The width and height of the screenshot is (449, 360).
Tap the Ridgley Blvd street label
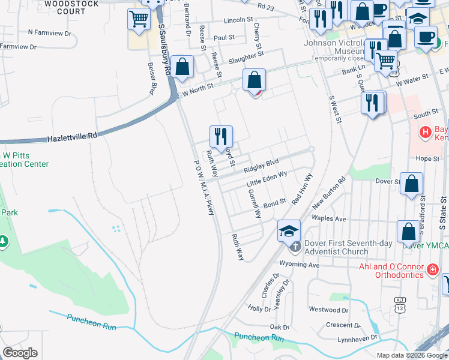click(262, 162)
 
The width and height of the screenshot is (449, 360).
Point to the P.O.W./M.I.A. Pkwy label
click(204, 190)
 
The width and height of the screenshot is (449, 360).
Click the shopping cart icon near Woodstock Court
click(139, 19)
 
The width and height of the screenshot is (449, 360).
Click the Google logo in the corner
click(20, 353)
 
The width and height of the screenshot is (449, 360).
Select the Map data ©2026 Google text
click(412, 355)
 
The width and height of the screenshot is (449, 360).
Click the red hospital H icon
click(425, 131)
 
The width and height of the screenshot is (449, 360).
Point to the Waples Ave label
click(330, 219)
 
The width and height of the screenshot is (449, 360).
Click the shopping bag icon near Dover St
click(412, 184)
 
